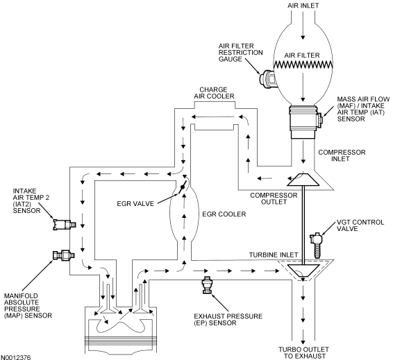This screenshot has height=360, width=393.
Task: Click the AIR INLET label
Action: [303, 6]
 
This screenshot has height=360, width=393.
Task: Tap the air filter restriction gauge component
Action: [267, 78]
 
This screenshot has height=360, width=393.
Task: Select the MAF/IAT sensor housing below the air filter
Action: [304, 121]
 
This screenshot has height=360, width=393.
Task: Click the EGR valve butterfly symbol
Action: [183, 187]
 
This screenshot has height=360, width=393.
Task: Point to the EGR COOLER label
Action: [224, 214]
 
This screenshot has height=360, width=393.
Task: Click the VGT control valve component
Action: [317, 245]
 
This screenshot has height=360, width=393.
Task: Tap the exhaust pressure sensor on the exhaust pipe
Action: [207, 285]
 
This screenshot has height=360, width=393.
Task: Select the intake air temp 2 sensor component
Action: [65, 224]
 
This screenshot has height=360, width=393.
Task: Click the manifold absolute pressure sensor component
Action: [64, 255]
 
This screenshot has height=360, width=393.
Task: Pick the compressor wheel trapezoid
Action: [303, 180]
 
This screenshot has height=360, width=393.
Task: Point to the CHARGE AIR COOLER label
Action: [214, 93]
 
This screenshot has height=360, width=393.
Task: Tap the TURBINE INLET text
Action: [274, 255]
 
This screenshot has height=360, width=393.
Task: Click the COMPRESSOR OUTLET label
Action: [274, 198]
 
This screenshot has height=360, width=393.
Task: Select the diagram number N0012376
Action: [16, 357]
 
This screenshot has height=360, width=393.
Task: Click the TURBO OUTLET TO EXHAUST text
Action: [303, 352]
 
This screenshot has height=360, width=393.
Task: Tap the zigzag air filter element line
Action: [303, 65]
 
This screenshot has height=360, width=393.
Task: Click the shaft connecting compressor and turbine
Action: [303, 225]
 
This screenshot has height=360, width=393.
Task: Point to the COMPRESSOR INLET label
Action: [342, 155]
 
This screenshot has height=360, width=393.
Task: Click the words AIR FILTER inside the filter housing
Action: [302, 55]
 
